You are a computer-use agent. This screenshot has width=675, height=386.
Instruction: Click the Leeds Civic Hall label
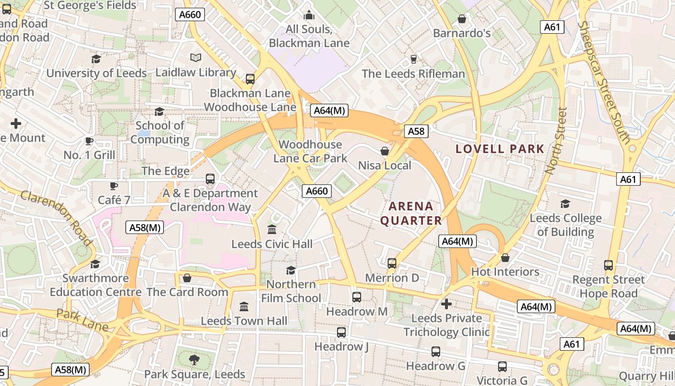click(x=272, y=244)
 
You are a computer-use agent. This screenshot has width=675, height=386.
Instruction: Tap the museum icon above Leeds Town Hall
click(x=244, y=307)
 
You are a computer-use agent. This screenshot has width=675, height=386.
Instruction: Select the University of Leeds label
click(x=96, y=73)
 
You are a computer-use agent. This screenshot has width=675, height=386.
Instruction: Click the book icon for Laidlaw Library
click(x=195, y=58)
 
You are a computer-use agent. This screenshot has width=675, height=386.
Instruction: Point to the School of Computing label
click(x=160, y=133)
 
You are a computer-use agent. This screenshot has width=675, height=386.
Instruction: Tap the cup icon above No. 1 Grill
click(x=89, y=141)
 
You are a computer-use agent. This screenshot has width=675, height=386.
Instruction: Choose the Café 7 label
click(x=114, y=200)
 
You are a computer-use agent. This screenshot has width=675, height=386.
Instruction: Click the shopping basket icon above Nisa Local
click(x=385, y=152)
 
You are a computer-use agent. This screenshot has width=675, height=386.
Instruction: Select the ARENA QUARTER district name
click(x=411, y=213)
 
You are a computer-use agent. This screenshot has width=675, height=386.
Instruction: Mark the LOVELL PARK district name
click(x=500, y=149)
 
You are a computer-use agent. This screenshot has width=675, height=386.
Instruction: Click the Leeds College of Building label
click(x=566, y=225)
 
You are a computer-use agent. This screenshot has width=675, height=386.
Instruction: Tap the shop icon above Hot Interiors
click(x=505, y=258)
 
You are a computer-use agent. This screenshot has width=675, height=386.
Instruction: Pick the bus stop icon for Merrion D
click(x=392, y=263)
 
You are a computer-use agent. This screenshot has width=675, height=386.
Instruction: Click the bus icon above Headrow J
click(x=341, y=332)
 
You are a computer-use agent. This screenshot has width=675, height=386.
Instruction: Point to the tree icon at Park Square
click(x=194, y=359)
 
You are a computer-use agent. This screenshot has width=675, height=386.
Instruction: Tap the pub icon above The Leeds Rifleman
click(x=413, y=59)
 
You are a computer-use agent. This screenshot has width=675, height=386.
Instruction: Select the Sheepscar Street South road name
click(x=605, y=82)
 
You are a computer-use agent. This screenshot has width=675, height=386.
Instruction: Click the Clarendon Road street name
click(x=56, y=218)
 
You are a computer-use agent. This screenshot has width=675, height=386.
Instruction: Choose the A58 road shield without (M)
click(x=416, y=131)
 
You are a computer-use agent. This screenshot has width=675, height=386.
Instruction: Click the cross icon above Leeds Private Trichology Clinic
click(x=446, y=304)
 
